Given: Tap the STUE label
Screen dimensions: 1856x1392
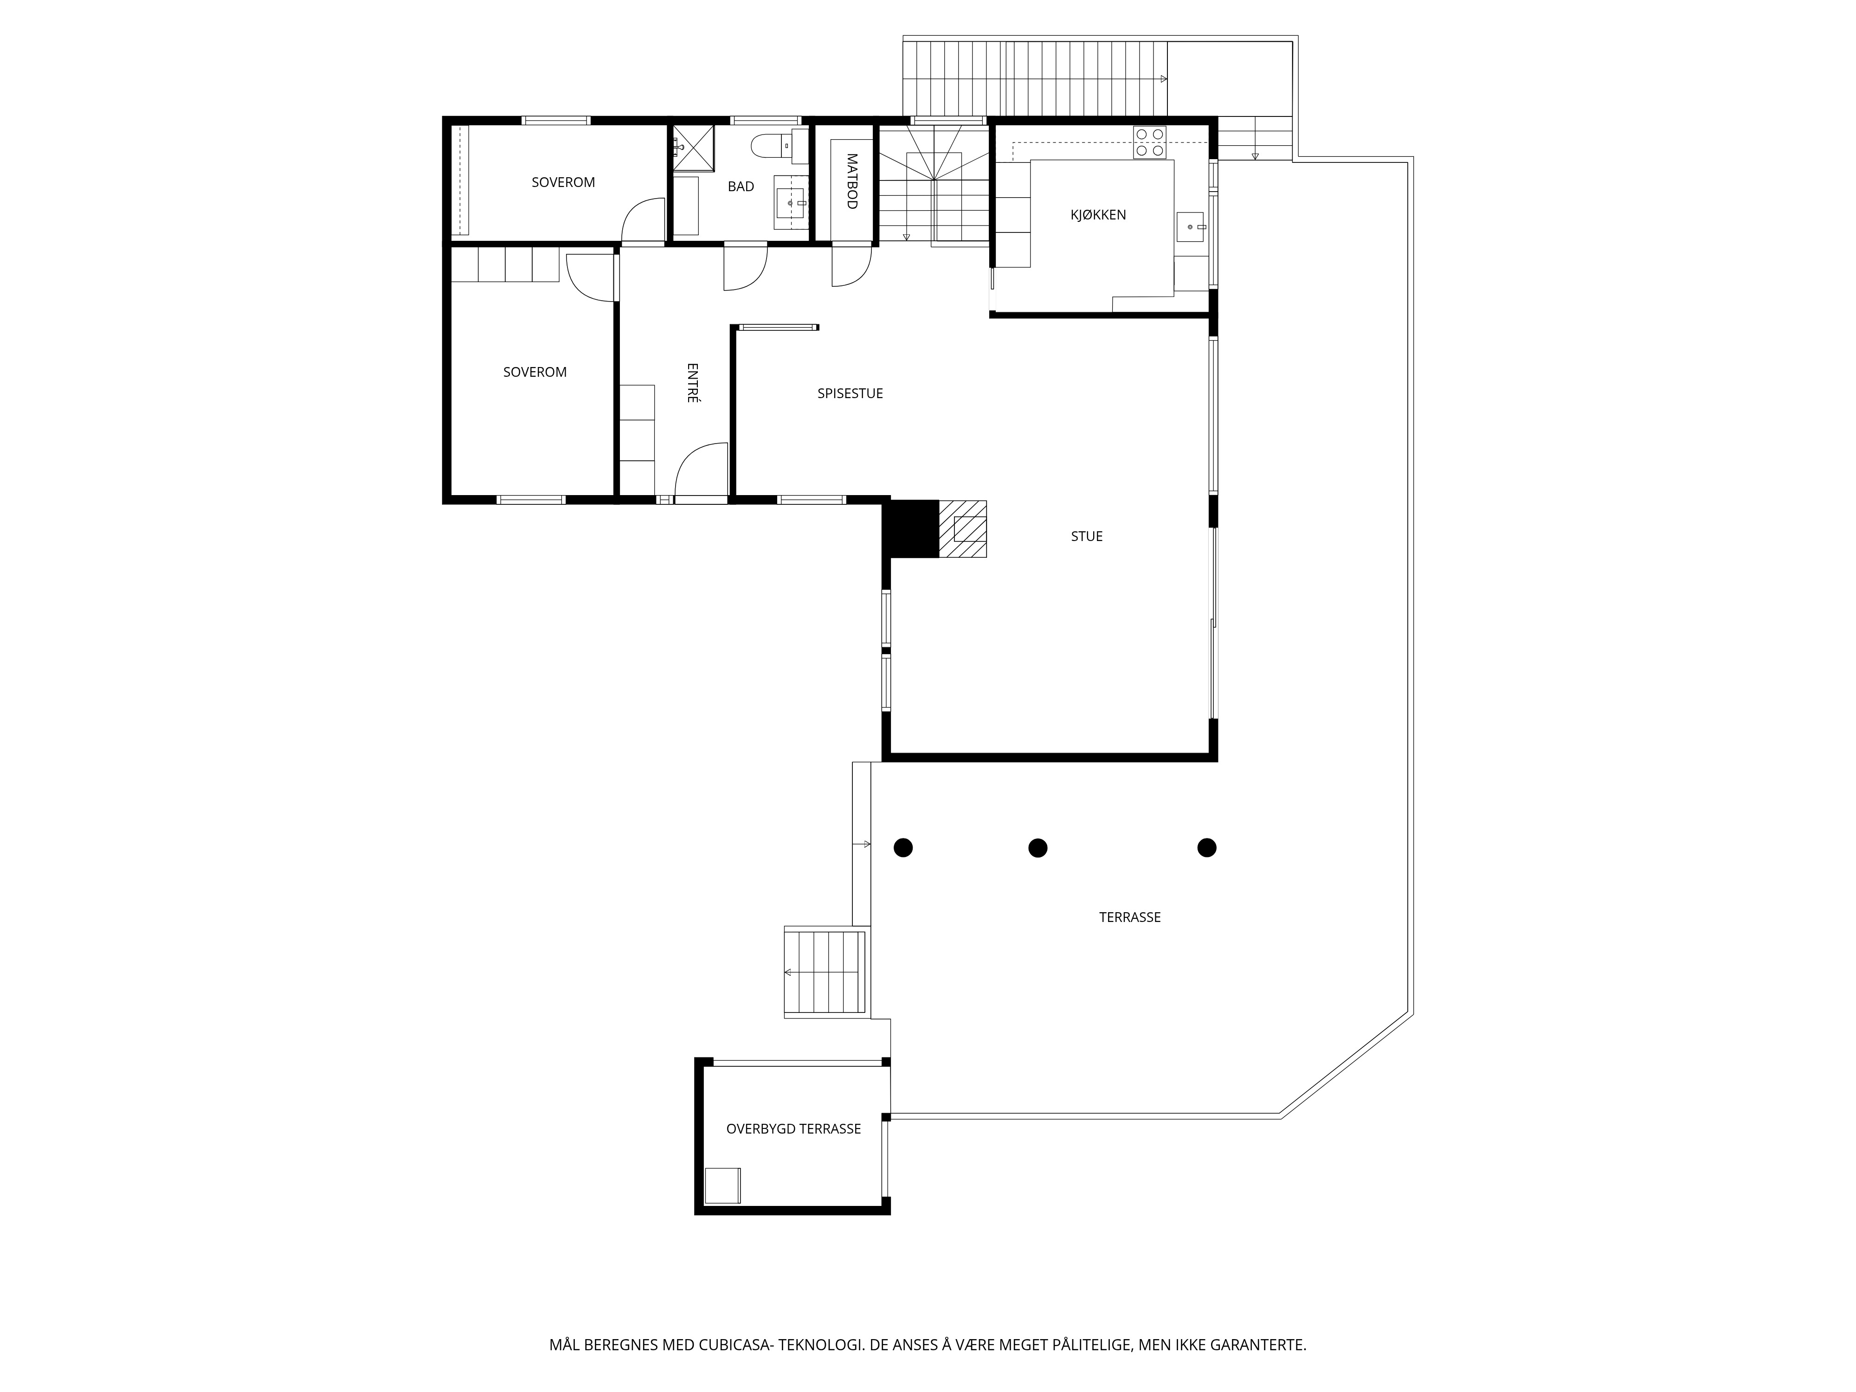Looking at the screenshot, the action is tap(1087, 536).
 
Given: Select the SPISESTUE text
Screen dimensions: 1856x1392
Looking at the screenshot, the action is tap(850, 393).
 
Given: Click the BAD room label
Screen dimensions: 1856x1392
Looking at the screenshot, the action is tap(741, 186).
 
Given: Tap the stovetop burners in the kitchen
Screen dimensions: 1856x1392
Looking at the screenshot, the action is tap(1149, 142).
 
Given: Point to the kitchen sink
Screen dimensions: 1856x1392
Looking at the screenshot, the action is tap(1191, 226).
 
